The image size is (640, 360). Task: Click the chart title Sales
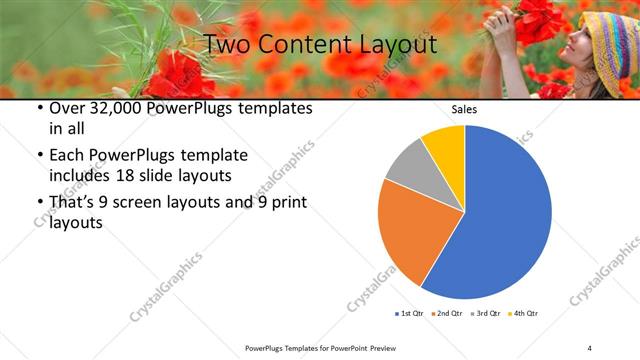[464, 109]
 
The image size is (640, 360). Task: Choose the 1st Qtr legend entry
[412, 314]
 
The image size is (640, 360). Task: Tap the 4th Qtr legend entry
[524, 314]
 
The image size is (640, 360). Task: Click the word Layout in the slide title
[390, 44]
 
